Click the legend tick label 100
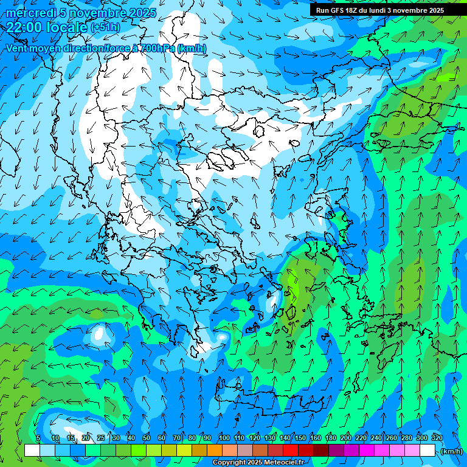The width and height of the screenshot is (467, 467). pos(224,438)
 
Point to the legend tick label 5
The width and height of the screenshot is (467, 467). pos(38,438)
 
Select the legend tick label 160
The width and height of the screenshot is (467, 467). pos(316,438)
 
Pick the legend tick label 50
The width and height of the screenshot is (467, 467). pos(147,438)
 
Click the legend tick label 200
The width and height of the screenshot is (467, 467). pos(346,438)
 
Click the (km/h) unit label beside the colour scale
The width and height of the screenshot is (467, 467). pos(451,451)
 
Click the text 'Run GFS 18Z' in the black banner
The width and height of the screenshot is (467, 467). pos(336,10)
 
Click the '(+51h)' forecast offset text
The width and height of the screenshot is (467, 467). pos(105,27)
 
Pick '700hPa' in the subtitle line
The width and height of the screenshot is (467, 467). pos(157,48)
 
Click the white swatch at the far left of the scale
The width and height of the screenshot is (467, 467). pos(32,451)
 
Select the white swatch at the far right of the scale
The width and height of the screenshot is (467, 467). pos(427,451)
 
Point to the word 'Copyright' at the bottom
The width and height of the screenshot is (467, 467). pos(229,463)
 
